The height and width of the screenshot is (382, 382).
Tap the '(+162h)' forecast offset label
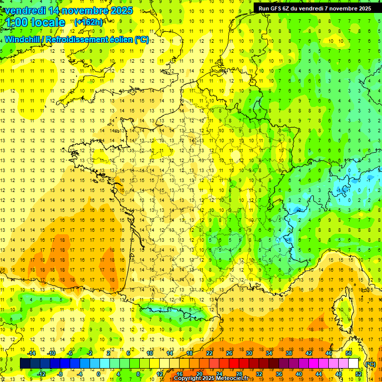(x=89, y=22)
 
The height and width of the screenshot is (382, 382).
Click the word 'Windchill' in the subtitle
(x=24, y=39)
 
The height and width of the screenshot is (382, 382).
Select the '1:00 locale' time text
(x=34, y=22)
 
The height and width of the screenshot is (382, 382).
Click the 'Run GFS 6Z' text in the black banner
(x=276, y=8)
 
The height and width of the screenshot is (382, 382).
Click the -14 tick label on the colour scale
(x=31, y=353)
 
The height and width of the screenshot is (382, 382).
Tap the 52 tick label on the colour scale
(x=358, y=374)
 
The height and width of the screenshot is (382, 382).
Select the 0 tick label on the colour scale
(x=99, y=374)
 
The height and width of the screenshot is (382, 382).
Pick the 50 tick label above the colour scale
(x=349, y=353)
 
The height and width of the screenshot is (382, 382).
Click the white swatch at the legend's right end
(x=354, y=364)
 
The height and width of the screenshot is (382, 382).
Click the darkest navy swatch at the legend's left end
(x=25, y=364)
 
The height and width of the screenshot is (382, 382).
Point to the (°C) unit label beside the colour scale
(x=370, y=364)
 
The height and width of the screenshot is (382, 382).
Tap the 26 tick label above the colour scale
(x=230, y=353)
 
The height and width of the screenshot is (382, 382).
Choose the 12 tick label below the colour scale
(x=160, y=374)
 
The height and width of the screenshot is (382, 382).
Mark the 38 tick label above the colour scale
(x=289, y=353)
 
